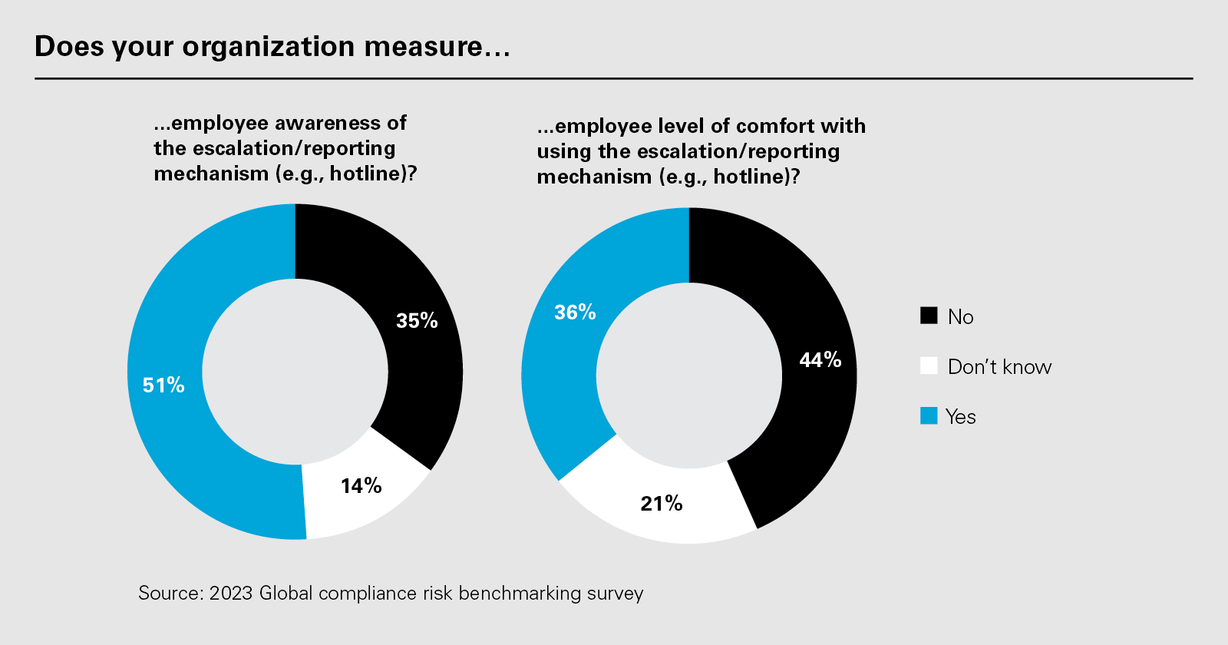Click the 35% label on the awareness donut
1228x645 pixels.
[x=417, y=321]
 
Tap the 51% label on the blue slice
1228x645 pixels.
[x=163, y=385]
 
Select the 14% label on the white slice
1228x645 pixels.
[x=361, y=486]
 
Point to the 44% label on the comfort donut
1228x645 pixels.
[x=820, y=360]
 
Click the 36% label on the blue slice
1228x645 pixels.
[x=575, y=313]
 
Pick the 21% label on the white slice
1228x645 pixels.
[x=662, y=504]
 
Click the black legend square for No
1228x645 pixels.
[x=929, y=316]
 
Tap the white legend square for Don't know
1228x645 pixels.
[x=929, y=365]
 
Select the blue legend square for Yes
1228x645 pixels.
[x=929, y=415]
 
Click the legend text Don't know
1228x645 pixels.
[x=999, y=367]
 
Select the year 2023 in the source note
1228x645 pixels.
[x=231, y=594]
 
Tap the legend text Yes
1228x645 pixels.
[x=961, y=417]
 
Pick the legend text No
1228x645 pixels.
[x=960, y=317]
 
